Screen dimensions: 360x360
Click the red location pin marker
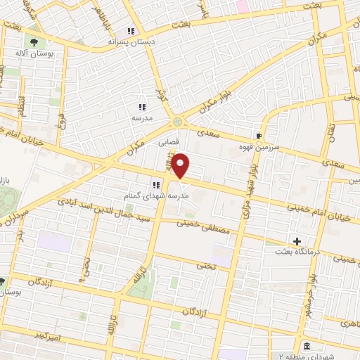click(181, 167)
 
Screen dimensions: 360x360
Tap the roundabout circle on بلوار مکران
click(176, 122)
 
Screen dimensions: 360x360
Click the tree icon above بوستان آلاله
click(32, 43)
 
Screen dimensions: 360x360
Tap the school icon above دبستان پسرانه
click(130, 31)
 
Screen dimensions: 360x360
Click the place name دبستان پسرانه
click(130, 41)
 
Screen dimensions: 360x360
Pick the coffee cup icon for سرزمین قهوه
click(259, 136)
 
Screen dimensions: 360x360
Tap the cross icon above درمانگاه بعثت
click(297, 242)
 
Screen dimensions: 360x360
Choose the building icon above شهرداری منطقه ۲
click(307, 346)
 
